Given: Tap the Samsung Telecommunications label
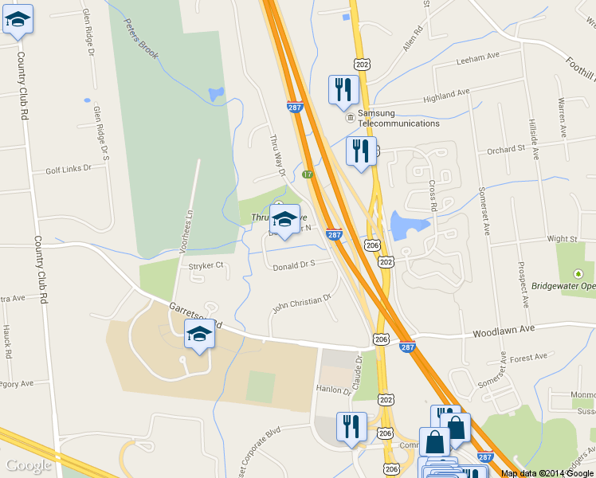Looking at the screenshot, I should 398,119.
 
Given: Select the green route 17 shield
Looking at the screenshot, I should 308,174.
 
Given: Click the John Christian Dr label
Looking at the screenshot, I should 301,302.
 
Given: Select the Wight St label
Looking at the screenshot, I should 562,238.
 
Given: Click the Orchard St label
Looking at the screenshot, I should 506,148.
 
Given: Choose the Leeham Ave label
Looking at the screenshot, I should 477,58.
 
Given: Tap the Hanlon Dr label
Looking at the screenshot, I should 333,391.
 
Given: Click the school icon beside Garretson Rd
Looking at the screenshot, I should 199,335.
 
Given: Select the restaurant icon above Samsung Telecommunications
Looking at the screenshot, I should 343,88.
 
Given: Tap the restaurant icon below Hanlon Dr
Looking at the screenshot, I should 351,426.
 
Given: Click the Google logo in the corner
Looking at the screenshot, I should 28,466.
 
